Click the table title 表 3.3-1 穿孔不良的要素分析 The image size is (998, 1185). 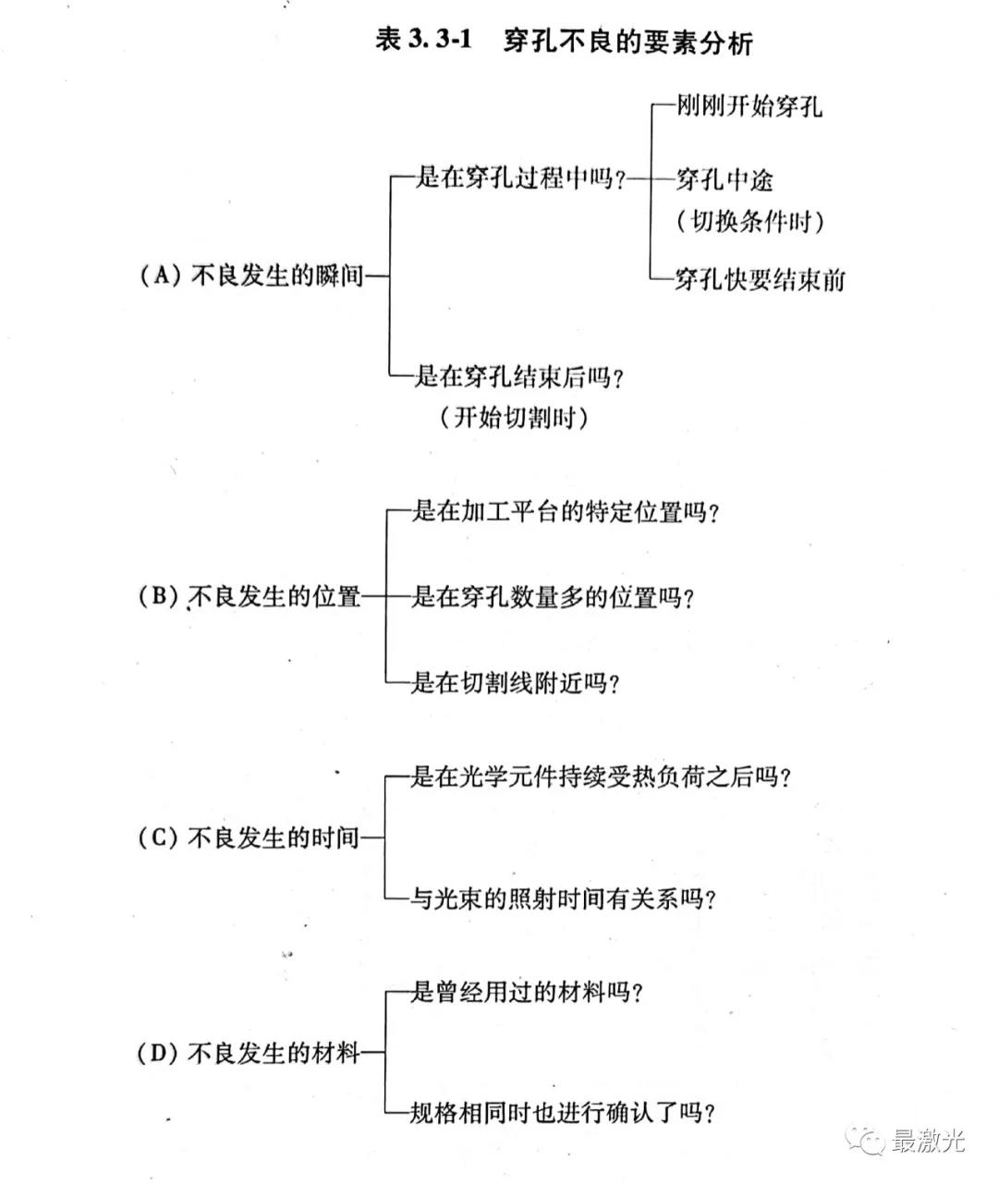(x=564, y=42)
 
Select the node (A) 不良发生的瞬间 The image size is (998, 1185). (x=251, y=275)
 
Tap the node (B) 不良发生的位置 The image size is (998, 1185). (x=249, y=596)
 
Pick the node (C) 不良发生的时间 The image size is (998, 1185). (x=248, y=837)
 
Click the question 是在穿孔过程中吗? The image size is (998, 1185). (x=519, y=178)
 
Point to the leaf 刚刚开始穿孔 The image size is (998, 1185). (x=748, y=105)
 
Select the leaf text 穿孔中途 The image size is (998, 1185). (x=724, y=180)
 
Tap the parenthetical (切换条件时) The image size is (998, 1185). (x=749, y=221)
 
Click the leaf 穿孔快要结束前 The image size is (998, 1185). (x=760, y=279)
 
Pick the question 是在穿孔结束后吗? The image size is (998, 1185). (x=518, y=376)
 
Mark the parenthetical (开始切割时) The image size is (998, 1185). (x=514, y=418)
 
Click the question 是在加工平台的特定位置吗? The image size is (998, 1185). (x=566, y=511)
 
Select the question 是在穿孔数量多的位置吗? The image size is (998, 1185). (x=553, y=596)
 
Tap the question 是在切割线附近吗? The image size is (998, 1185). (x=515, y=682)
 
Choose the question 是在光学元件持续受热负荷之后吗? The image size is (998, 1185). (x=601, y=776)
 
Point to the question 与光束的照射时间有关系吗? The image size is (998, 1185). (x=563, y=898)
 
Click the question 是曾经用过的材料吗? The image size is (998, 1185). (x=527, y=993)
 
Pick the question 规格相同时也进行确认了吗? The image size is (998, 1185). (x=562, y=1112)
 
